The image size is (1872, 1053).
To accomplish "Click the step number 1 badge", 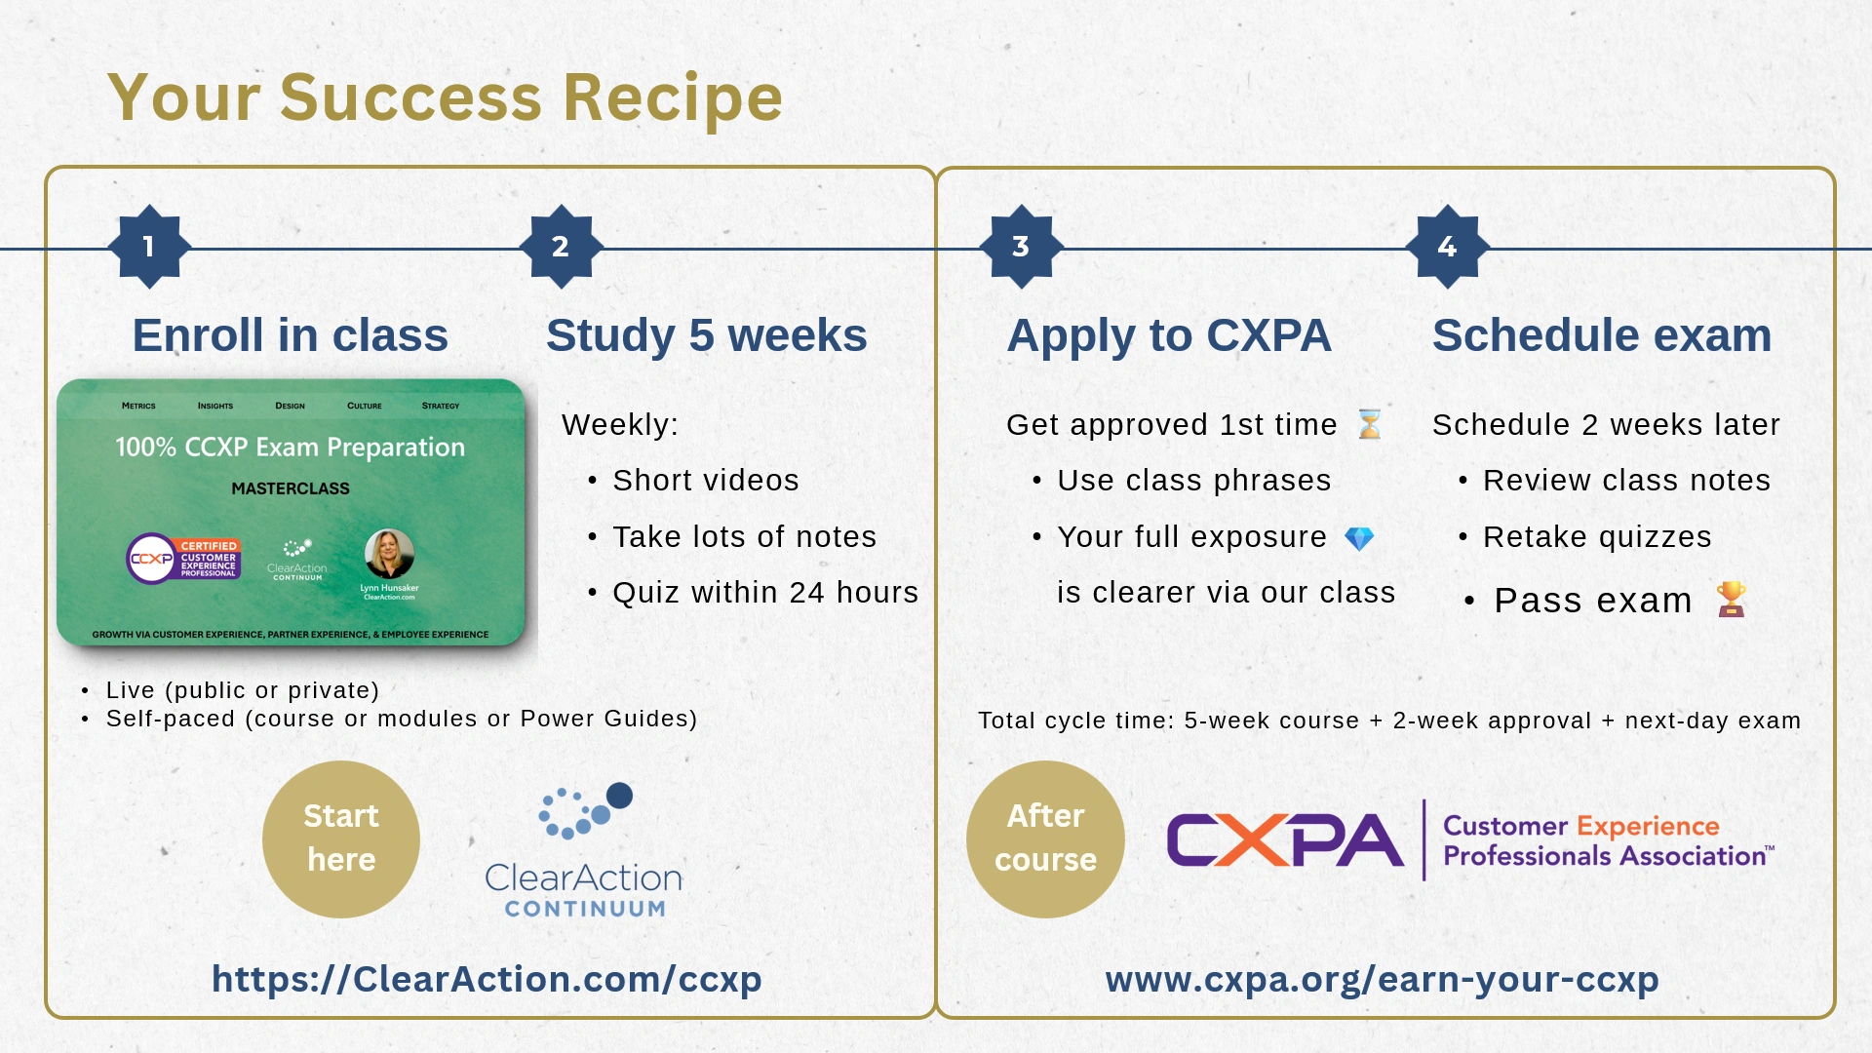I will click(149, 247).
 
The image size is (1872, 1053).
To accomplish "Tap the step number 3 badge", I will click(1021, 247).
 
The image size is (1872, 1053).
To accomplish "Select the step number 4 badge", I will click(1447, 247).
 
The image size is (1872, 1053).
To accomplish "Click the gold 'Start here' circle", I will click(341, 838).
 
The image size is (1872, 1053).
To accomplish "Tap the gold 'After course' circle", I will click(1045, 838).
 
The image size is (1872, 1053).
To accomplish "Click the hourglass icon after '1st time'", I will click(1370, 424).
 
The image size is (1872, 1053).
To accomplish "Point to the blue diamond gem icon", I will click(1359, 537).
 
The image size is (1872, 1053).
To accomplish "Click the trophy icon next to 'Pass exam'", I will click(1732, 599).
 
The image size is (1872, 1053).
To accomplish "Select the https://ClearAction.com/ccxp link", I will click(487, 979).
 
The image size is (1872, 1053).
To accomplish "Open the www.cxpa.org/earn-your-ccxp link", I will click(1382, 979).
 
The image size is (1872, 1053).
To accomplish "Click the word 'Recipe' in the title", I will click(673, 97).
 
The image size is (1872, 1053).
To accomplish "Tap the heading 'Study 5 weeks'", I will click(706, 335).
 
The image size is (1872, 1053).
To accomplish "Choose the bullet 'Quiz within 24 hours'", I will click(764, 592).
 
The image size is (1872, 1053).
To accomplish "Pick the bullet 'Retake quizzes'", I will click(1596, 536).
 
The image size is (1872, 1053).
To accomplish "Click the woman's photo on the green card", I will click(389, 554).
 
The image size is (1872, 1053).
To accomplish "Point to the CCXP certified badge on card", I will click(183, 559).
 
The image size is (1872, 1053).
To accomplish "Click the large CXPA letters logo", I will click(1284, 840).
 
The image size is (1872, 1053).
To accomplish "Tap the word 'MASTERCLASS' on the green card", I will click(291, 488).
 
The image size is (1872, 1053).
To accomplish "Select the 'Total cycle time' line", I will click(1389, 721).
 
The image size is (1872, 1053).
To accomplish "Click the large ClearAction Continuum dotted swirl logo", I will click(585, 811).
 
